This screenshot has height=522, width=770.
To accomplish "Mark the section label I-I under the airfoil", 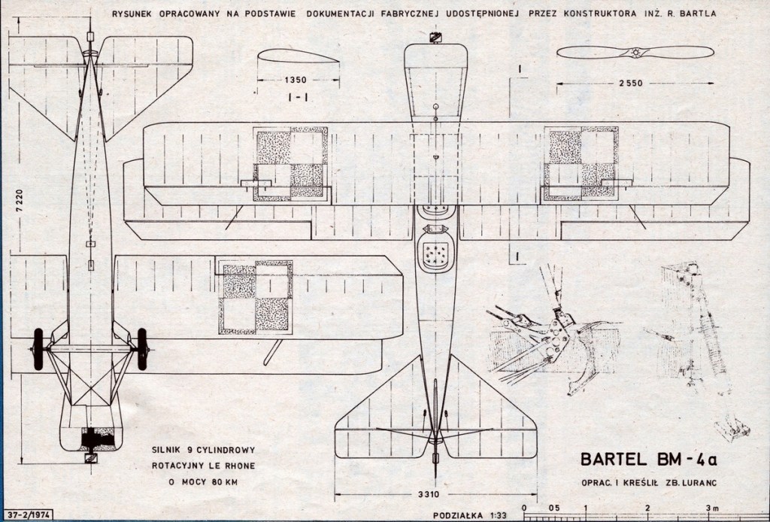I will [x=280, y=97].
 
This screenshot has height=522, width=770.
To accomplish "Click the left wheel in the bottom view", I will [x=38, y=349].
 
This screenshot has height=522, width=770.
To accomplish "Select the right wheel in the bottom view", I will [x=143, y=349].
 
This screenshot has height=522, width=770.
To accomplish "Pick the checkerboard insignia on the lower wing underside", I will [x=255, y=298].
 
